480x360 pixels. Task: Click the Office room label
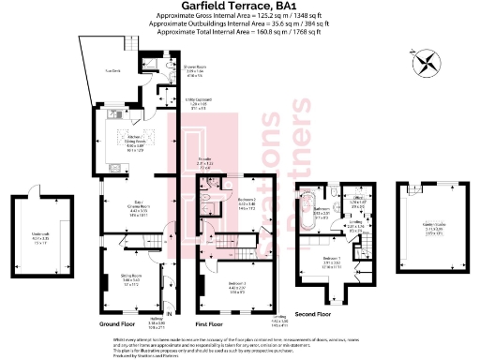[x=356, y=201]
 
